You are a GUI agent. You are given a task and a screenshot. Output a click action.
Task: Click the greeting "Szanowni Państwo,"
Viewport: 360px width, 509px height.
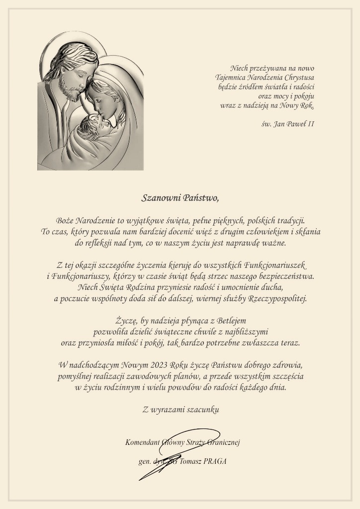(x=180, y=198)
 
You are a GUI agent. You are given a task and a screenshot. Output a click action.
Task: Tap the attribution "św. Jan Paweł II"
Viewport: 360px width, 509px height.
(x=288, y=123)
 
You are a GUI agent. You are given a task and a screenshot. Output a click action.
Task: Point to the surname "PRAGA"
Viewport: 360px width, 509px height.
(x=215, y=461)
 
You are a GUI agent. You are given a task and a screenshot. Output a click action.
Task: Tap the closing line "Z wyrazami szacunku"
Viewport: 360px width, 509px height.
(x=180, y=410)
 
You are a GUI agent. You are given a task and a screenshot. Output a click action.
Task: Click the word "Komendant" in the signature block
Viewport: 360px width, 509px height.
(x=143, y=442)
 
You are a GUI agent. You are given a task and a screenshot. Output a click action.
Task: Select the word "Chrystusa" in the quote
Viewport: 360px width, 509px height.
(x=298, y=77)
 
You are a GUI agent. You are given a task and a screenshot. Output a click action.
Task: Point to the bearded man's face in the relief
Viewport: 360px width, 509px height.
(x=75, y=80)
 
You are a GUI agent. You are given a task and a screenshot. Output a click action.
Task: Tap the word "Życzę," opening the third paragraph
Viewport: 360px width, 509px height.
(x=127, y=321)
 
